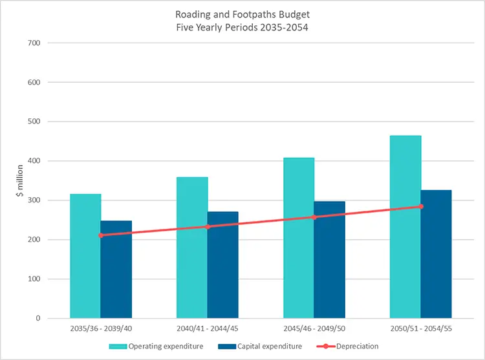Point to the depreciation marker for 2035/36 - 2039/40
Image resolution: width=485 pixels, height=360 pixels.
[101, 235]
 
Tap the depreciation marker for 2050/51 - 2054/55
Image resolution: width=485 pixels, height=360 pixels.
[421, 207]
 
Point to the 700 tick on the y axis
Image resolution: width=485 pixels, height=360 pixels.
[34, 43]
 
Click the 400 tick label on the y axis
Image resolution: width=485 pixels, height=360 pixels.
[34, 161]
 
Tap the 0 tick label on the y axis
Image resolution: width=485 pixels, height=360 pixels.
[38, 318]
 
